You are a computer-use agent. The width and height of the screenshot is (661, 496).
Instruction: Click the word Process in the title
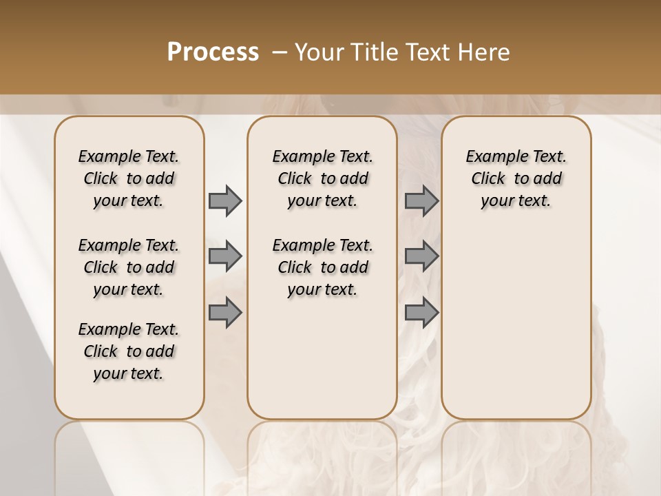(213, 52)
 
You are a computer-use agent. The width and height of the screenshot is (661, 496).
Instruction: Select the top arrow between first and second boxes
(225, 201)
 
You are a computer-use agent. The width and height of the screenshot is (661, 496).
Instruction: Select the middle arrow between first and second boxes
(225, 256)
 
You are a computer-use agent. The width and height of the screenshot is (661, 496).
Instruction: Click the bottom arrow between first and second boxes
(225, 312)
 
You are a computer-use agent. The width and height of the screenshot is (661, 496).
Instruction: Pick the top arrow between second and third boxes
(421, 201)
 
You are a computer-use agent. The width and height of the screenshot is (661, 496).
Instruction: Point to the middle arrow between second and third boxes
(421, 256)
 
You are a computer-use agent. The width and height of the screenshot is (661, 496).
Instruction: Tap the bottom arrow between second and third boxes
(421, 312)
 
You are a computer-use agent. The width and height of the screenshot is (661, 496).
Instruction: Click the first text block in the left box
(129, 178)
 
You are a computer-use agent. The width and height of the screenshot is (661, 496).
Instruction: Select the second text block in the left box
(129, 267)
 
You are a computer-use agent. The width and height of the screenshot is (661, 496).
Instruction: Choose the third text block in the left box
(129, 351)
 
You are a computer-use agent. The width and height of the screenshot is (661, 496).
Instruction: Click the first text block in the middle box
(323, 178)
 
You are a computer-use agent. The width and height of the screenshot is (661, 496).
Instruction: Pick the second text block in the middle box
(323, 267)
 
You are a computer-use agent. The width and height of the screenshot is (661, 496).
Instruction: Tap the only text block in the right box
(516, 178)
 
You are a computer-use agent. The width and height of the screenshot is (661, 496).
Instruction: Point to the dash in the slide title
(280, 52)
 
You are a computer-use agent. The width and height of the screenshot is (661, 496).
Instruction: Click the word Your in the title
(319, 52)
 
